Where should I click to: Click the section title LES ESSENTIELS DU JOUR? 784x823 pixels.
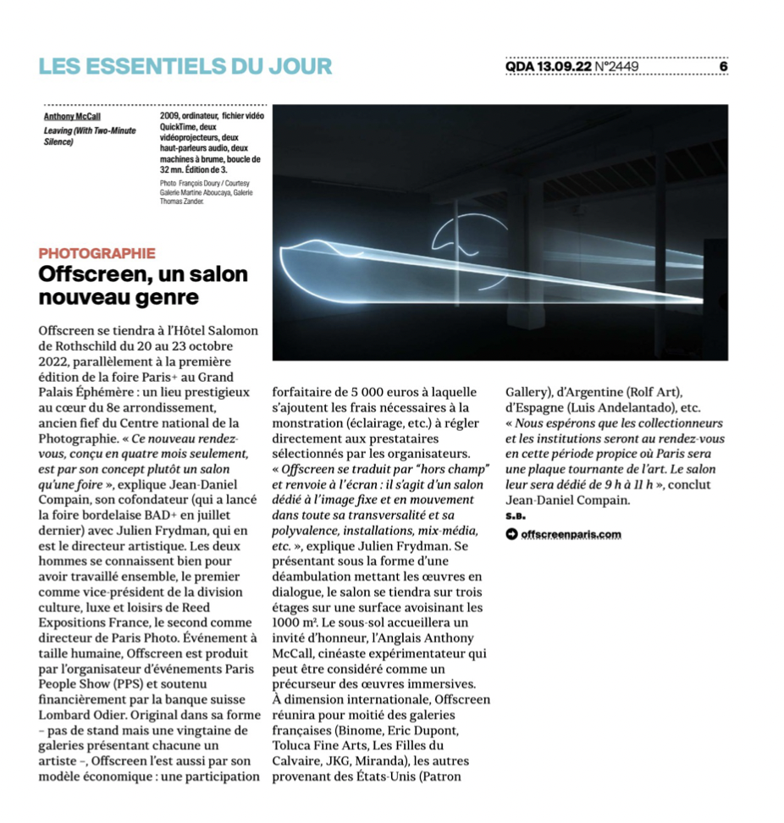pos(185,65)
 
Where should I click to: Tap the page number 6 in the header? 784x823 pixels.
pos(723,66)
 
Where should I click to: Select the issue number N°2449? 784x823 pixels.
pos(617,66)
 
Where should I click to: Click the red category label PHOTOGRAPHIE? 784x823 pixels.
pos(97,252)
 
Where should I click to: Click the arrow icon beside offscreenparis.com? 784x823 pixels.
pos(511,533)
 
